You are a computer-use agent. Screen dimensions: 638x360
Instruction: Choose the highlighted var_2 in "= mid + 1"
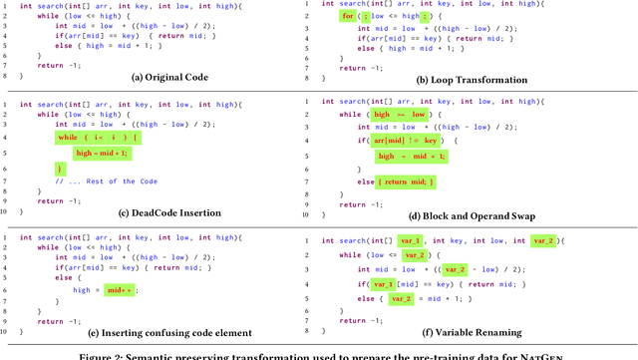click(x=400, y=298)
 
